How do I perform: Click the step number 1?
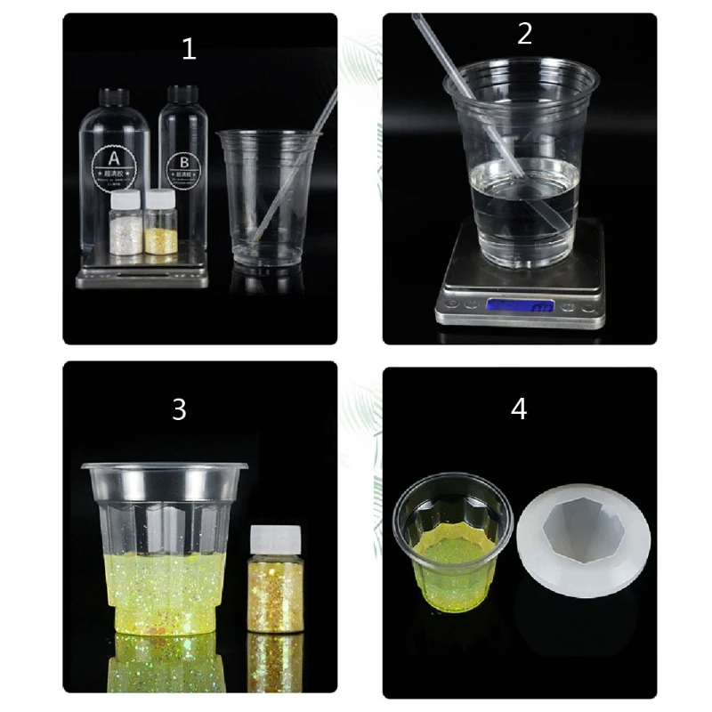(189, 49)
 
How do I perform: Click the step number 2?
(524, 34)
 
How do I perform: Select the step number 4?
(519, 409)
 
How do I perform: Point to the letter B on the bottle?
(183, 162)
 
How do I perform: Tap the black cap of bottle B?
(182, 93)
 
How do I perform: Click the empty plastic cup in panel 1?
(267, 196)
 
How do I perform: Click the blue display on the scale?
(521, 306)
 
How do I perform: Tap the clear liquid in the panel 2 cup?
(521, 205)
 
